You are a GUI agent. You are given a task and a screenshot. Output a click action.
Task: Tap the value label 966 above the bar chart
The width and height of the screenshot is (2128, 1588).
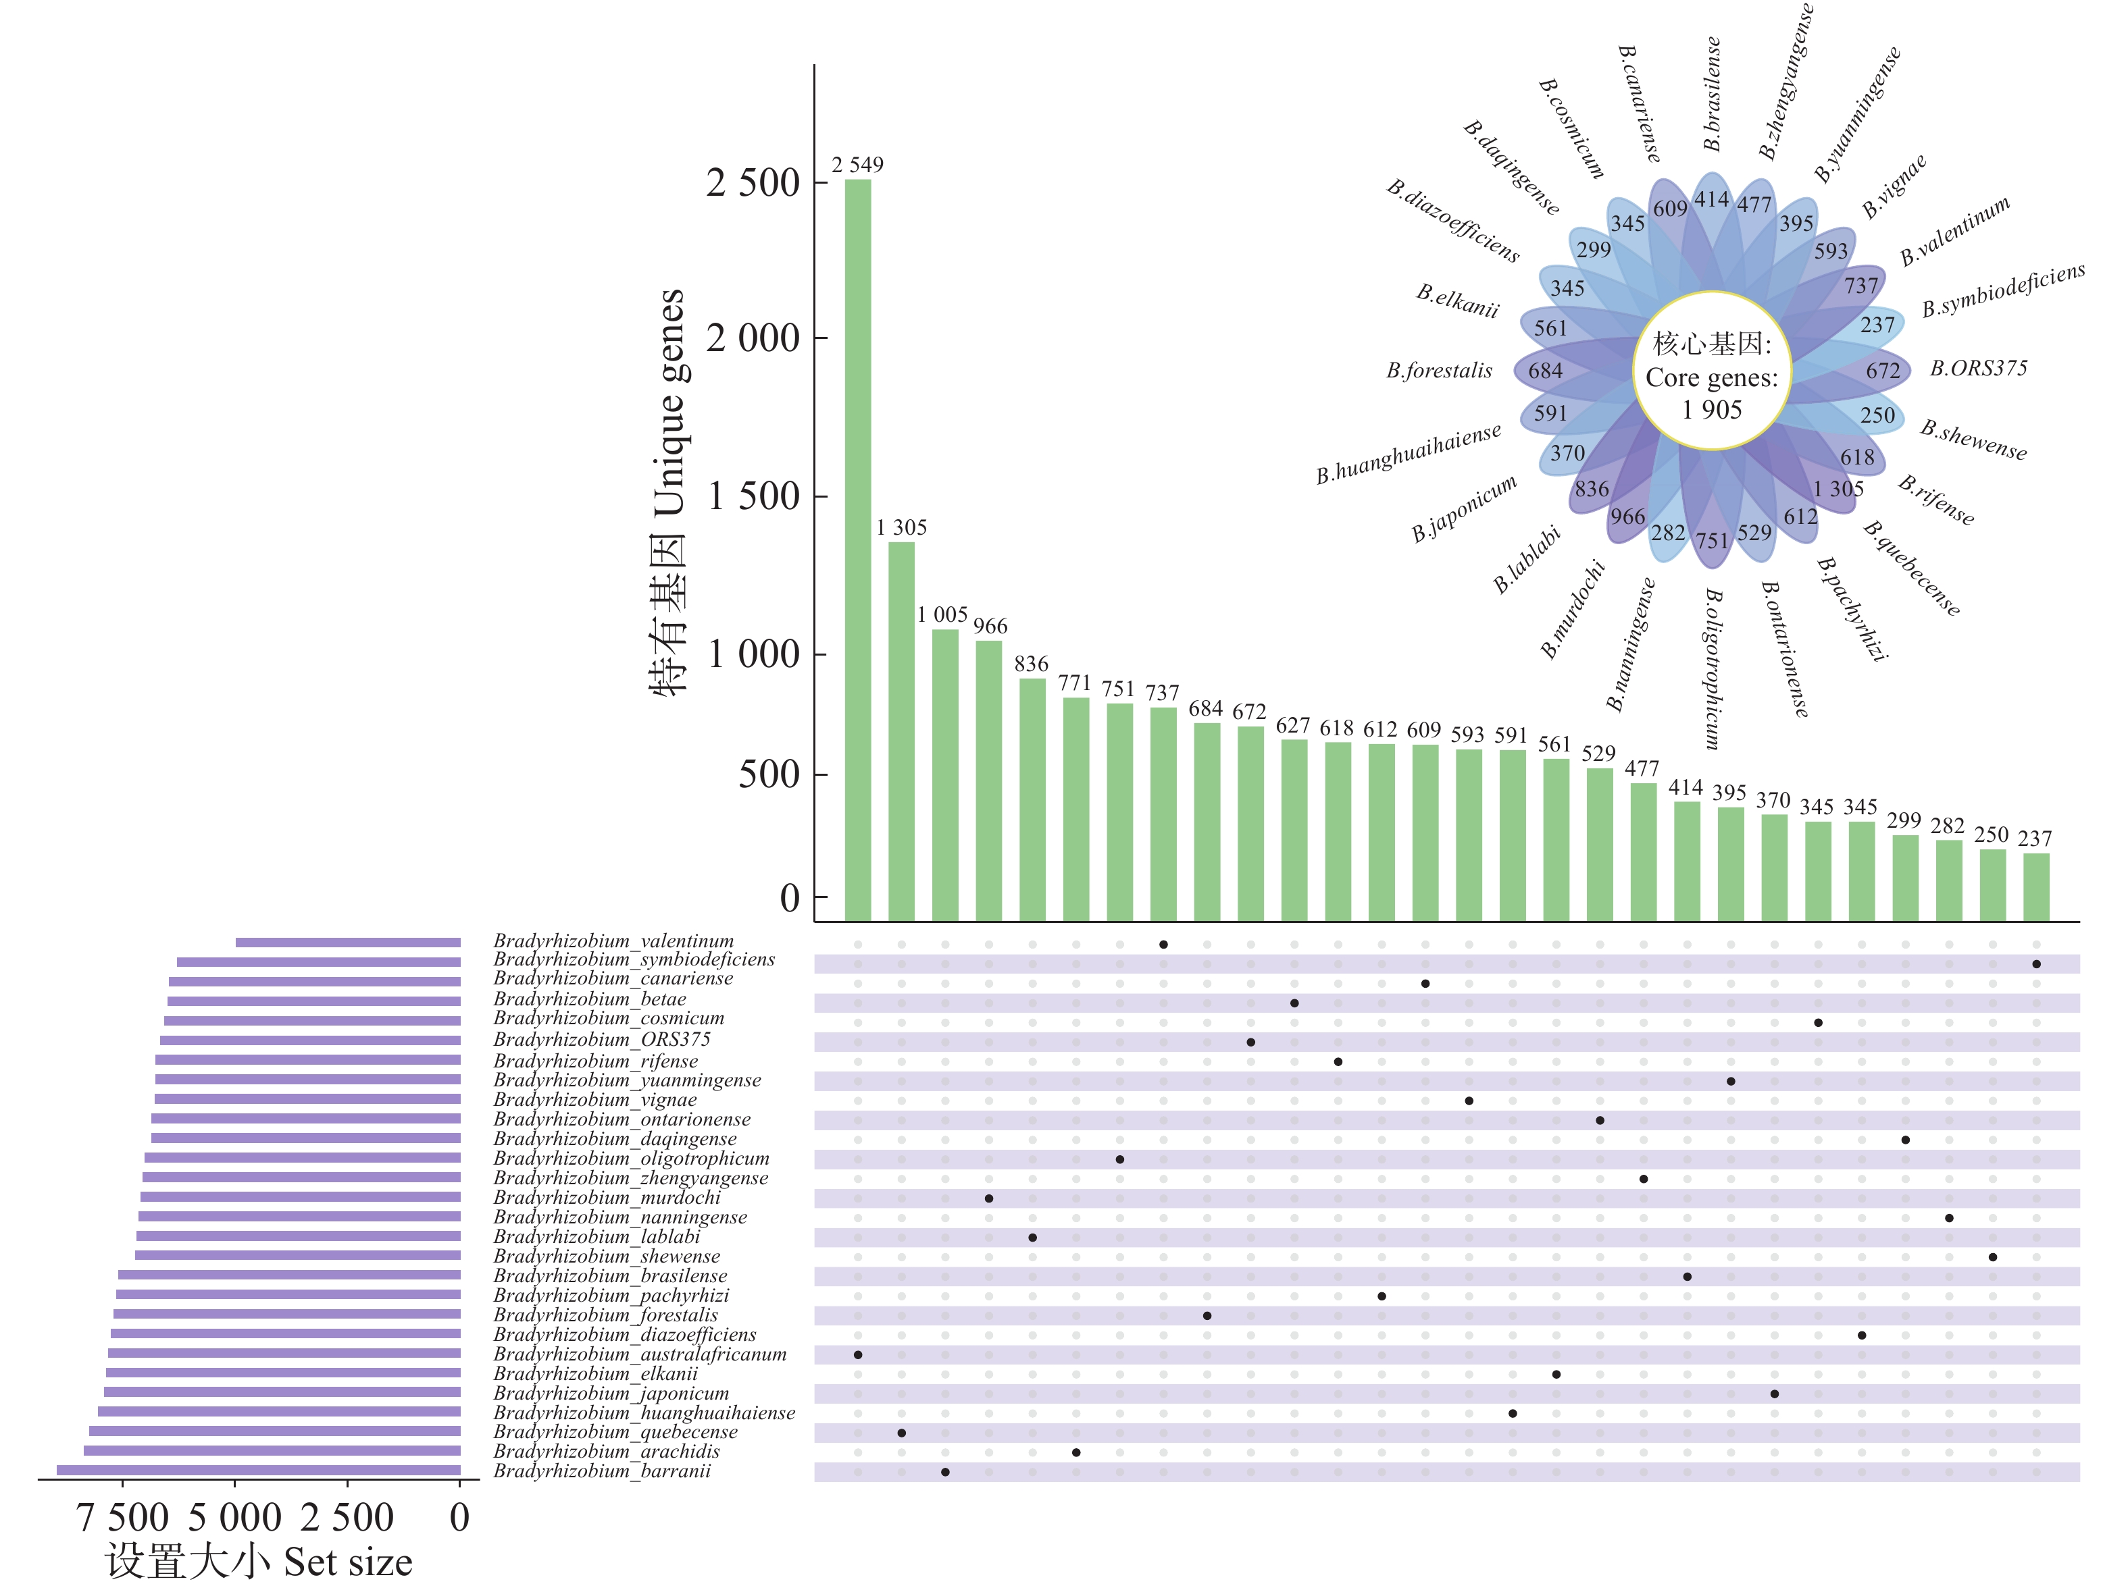(990, 627)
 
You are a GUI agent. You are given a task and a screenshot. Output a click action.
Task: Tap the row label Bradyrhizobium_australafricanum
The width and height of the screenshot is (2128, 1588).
(640, 1354)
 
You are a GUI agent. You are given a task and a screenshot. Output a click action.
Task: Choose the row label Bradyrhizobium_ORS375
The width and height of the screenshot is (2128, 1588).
(602, 1040)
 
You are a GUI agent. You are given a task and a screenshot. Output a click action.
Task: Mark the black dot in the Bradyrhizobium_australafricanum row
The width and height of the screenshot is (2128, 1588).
(858, 1355)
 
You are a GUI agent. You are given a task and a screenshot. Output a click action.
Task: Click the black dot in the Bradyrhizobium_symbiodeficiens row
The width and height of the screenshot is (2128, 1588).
(2035, 964)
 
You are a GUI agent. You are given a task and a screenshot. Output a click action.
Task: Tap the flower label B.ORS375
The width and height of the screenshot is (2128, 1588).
(1978, 368)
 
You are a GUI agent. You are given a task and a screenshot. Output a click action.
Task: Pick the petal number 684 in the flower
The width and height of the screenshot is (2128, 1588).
(1545, 371)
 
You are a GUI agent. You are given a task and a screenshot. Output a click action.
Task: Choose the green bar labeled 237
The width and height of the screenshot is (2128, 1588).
(2035, 887)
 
